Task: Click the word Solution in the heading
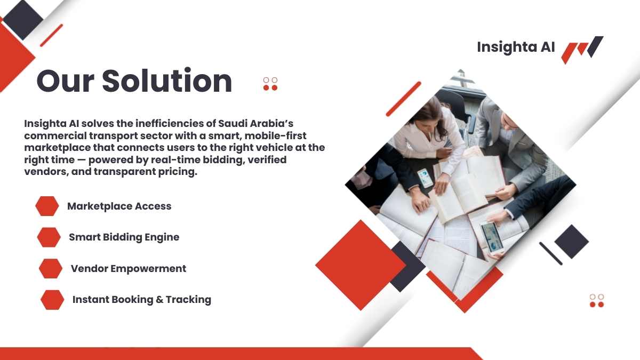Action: point(167,81)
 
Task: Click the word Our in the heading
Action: point(66,82)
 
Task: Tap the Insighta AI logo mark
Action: point(582,50)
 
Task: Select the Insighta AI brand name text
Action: point(516,47)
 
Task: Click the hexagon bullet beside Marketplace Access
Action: point(47,206)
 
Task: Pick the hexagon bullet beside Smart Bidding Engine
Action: point(49,237)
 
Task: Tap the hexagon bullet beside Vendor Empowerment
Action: point(51,269)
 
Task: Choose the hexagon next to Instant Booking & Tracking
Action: point(52,300)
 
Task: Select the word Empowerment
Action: point(148,269)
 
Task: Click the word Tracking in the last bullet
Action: point(189,300)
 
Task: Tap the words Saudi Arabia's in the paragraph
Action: point(255,123)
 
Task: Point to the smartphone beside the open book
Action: point(426,178)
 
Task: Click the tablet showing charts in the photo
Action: point(492,238)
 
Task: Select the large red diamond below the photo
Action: point(361,265)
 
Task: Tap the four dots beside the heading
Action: point(270,84)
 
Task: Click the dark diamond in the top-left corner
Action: point(23,20)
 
